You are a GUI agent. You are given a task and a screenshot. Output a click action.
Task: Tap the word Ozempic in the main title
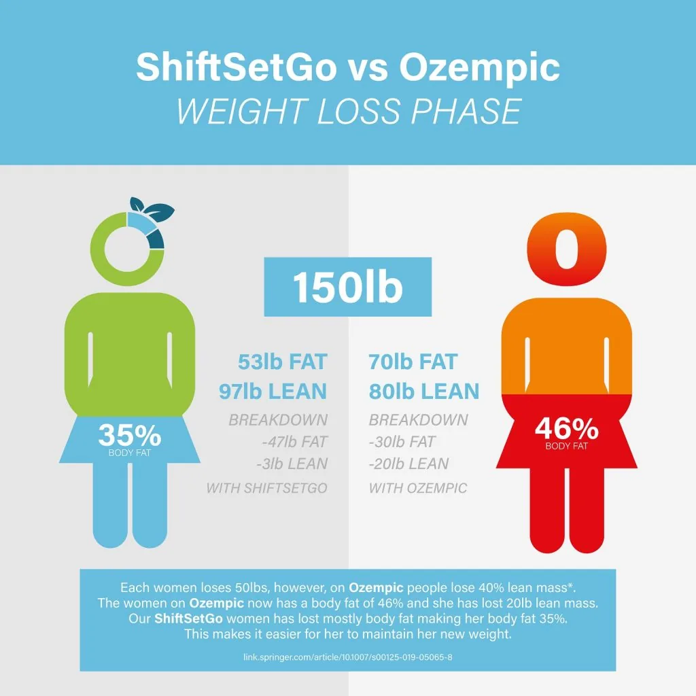tap(479, 69)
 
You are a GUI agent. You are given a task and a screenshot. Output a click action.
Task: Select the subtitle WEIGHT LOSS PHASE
tap(348, 111)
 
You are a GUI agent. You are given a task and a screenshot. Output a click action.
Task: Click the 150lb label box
tap(348, 287)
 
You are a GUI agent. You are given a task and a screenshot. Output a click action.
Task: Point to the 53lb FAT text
tap(281, 362)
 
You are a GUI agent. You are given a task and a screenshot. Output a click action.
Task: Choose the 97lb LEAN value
tap(273, 391)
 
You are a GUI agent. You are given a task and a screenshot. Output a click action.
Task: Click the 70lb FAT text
tap(413, 362)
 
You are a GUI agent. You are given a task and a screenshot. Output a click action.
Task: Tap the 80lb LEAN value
tap(424, 391)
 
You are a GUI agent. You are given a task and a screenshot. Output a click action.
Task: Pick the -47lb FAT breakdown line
tap(294, 442)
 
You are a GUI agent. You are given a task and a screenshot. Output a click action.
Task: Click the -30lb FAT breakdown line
tap(402, 442)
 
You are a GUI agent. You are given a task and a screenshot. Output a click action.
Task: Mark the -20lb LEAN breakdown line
tap(408, 464)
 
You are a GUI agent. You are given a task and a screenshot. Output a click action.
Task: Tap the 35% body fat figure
tap(129, 434)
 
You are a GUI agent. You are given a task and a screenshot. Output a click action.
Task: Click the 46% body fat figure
tap(566, 430)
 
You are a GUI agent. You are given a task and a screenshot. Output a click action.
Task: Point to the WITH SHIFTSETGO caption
tap(266, 488)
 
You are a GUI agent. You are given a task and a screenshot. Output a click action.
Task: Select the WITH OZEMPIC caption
tap(418, 488)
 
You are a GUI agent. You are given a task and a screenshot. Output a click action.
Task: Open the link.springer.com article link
tap(347, 658)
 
